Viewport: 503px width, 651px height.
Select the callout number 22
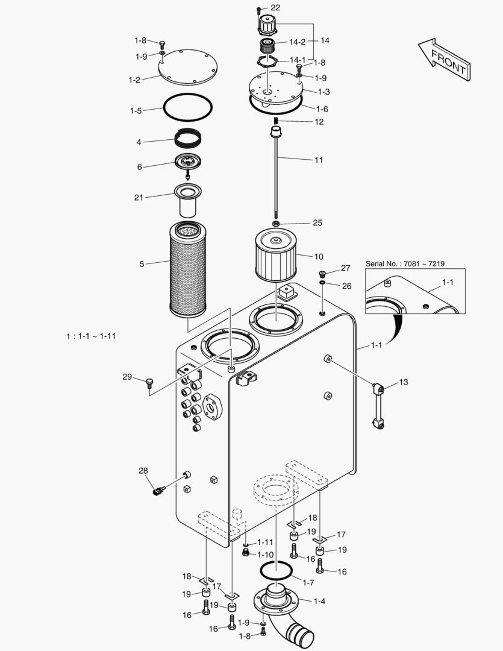[x=275, y=7]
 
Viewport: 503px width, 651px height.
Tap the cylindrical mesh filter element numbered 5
[x=188, y=269]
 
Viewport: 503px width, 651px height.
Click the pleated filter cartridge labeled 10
[x=275, y=256]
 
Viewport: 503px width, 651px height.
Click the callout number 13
[x=403, y=382]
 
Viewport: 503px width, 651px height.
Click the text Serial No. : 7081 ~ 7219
[x=405, y=264]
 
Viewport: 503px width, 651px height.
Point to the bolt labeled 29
[x=149, y=382]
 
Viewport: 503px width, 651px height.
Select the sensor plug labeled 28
[x=160, y=491]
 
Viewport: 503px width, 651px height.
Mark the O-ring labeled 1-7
[x=275, y=570]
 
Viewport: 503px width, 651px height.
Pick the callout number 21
[x=139, y=197]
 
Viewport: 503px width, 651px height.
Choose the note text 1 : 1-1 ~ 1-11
[x=91, y=336]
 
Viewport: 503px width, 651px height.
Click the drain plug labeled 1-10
[x=245, y=553]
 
